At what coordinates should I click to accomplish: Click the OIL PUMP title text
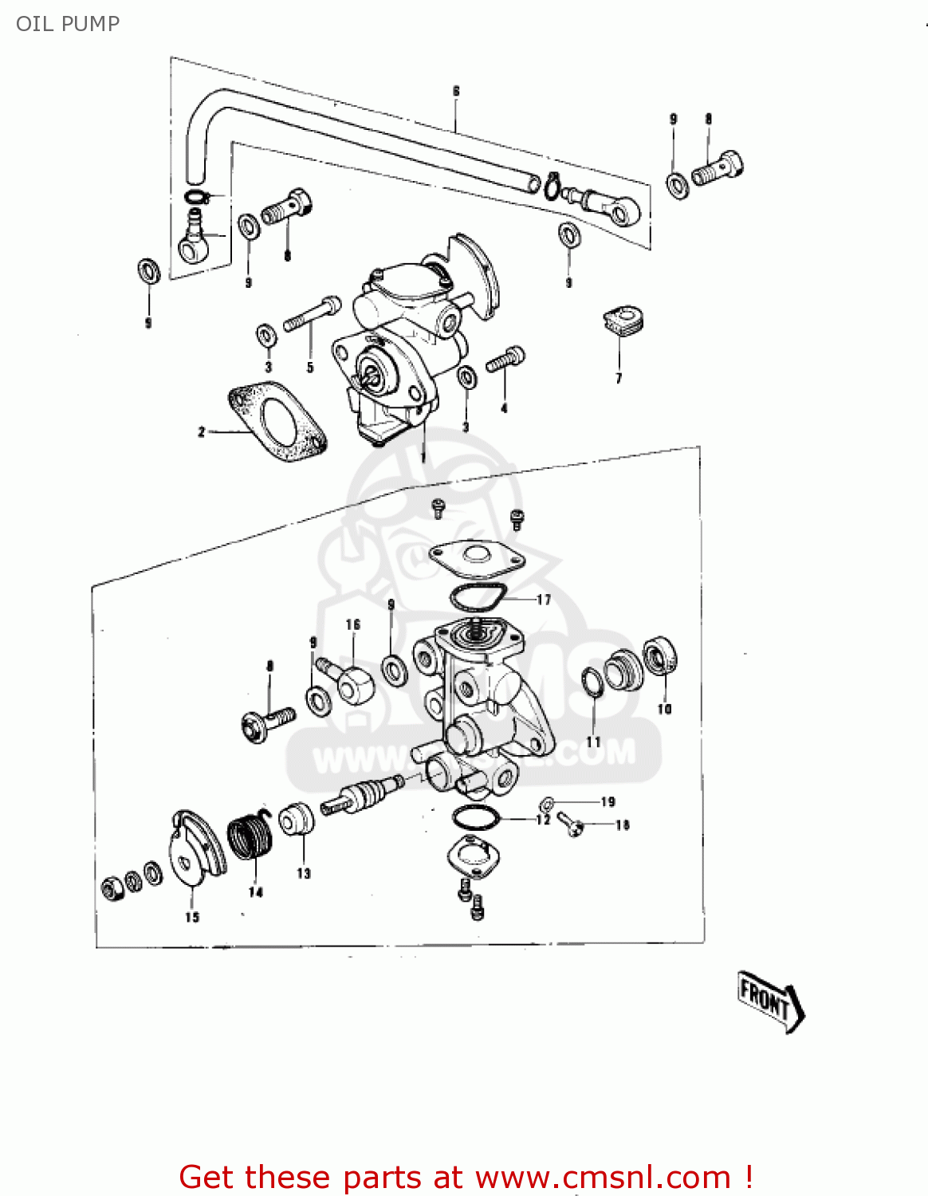(68, 24)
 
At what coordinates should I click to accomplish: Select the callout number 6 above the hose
(456, 91)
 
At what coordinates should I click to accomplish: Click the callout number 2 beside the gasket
(202, 431)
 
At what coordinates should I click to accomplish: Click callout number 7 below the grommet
(619, 378)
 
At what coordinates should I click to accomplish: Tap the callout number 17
(544, 600)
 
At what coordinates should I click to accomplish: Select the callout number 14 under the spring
(255, 891)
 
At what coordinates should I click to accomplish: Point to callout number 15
(192, 917)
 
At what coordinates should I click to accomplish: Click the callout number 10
(664, 709)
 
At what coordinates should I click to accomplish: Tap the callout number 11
(593, 742)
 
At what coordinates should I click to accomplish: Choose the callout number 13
(304, 873)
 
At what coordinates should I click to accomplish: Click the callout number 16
(353, 624)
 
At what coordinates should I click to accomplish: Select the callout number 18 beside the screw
(623, 825)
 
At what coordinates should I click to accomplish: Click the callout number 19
(608, 801)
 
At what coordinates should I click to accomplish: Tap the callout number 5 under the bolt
(310, 368)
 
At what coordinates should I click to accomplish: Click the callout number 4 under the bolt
(504, 408)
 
